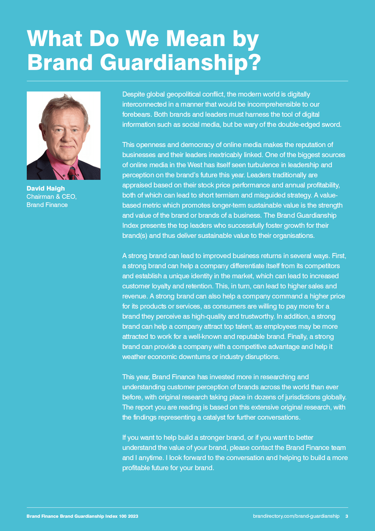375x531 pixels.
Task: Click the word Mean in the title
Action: click(195, 39)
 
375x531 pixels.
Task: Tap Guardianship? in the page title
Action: click(181, 62)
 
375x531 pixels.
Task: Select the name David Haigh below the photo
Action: click(46, 188)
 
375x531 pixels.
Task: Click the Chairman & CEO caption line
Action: click(51, 197)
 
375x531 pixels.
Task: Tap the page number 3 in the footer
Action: click(347, 516)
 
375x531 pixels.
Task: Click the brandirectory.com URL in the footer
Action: click(296, 516)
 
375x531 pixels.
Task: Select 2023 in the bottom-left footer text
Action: click(133, 516)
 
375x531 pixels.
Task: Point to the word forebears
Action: click(136, 115)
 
